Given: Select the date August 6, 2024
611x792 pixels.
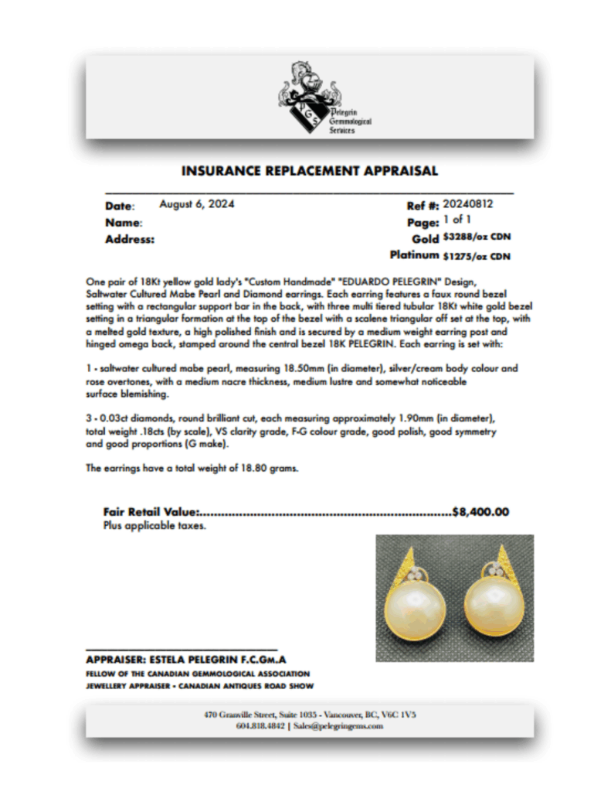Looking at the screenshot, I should [197, 205].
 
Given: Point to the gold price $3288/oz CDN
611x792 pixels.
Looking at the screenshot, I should [477, 237].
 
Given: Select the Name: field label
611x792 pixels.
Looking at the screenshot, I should [123, 223].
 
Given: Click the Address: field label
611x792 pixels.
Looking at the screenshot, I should [129, 240].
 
